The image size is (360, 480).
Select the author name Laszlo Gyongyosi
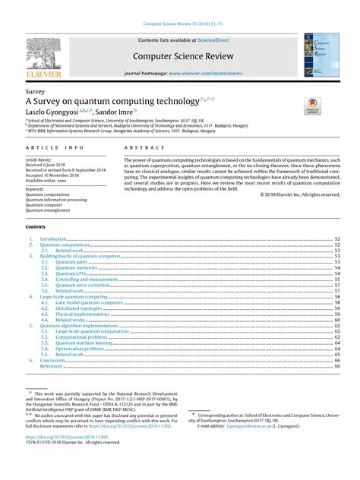coord(55,112)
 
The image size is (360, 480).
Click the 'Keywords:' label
coord(36,188)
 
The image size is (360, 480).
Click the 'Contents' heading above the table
coord(36,227)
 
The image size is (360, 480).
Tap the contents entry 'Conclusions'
coord(55,360)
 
